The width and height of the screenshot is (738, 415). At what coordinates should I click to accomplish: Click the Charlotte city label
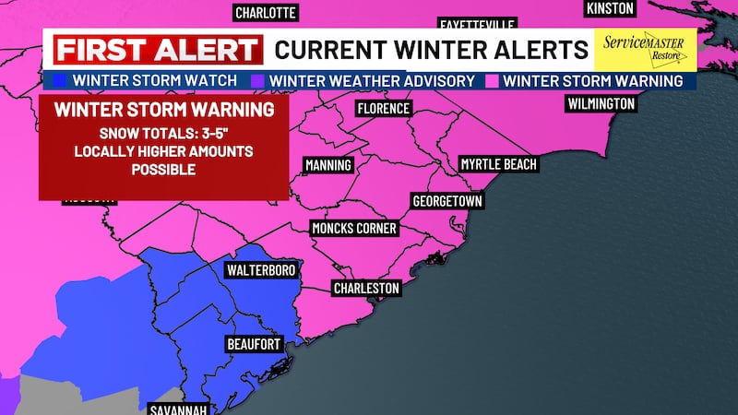(x=266, y=13)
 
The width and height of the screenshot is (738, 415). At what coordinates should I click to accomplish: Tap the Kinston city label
(x=611, y=8)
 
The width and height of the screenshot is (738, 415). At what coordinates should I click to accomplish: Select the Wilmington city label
(x=601, y=103)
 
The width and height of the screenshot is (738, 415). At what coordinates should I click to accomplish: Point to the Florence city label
(x=383, y=109)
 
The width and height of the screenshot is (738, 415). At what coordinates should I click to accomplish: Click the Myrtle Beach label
(x=498, y=164)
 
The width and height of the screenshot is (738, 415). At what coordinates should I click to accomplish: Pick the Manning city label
(x=328, y=165)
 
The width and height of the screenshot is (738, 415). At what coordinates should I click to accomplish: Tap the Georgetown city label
(x=446, y=200)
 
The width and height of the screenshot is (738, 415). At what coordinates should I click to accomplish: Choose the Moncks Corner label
(x=354, y=228)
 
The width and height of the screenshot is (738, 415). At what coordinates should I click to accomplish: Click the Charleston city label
(x=366, y=289)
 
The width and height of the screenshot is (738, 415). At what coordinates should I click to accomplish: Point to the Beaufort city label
(x=251, y=344)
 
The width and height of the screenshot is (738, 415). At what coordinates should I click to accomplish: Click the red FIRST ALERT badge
(x=156, y=49)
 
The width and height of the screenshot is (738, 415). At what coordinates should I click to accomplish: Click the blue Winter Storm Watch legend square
(x=62, y=81)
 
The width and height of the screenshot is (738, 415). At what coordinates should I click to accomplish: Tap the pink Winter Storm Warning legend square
(x=492, y=81)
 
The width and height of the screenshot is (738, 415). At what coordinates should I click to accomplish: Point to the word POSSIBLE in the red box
(x=163, y=170)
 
